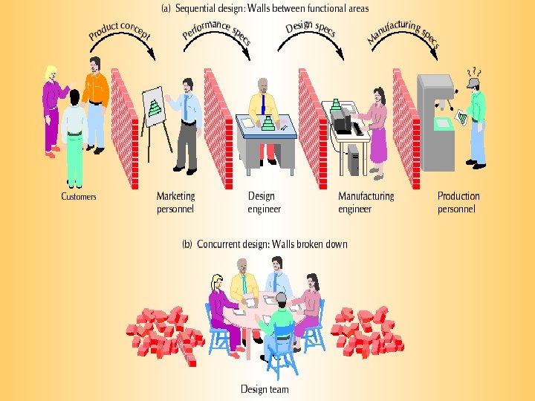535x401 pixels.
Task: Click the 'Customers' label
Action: tap(78, 197)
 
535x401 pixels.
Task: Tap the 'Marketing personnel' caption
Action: tap(175, 203)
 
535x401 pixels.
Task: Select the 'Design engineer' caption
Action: tap(264, 203)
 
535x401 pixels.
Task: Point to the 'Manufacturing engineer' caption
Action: tap(366, 203)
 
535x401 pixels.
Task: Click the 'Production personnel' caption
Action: tap(458, 203)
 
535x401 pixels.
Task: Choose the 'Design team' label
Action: tap(265, 389)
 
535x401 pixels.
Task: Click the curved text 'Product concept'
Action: tap(119, 30)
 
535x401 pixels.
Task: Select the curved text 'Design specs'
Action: tap(311, 29)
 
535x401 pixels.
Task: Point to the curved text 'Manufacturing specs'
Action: tap(404, 31)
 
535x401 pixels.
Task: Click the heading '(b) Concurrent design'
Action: tap(265, 244)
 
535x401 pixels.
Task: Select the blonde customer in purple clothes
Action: tap(51, 104)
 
